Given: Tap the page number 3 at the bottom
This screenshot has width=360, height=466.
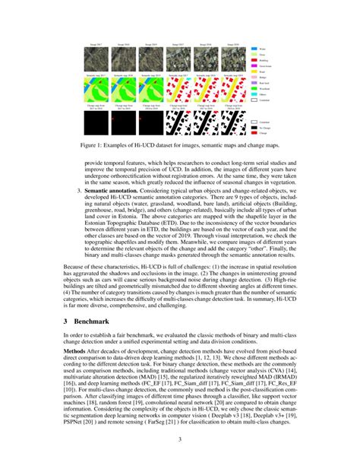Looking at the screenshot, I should point(180,439).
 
